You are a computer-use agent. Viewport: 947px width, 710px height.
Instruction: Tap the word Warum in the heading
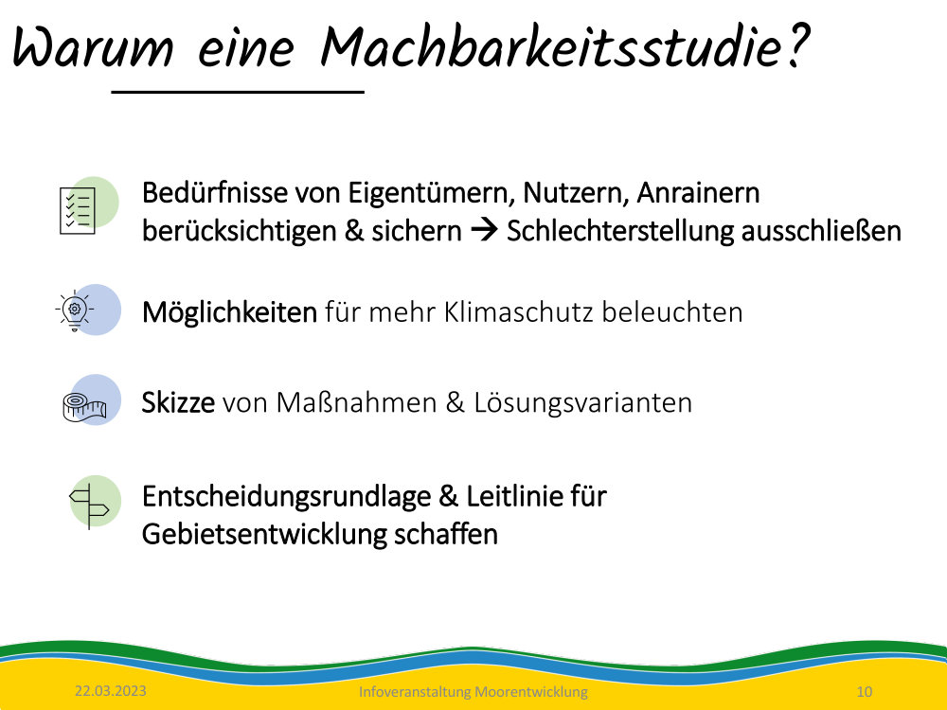click(x=93, y=47)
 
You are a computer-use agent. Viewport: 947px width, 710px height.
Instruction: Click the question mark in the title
click(x=796, y=45)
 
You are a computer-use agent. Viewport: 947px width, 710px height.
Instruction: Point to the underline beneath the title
click(x=238, y=92)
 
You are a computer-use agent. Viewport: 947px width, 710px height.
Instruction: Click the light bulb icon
click(x=74, y=311)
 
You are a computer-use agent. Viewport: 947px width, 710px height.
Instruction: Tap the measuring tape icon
click(x=84, y=407)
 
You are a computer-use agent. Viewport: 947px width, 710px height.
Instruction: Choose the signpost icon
click(x=89, y=506)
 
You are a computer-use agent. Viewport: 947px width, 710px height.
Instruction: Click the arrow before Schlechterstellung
click(x=484, y=230)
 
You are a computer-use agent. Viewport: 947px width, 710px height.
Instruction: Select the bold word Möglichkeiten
click(x=229, y=312)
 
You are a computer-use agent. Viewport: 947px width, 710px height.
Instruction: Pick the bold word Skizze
click(x=178, y=402)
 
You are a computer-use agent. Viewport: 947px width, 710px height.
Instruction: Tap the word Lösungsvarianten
click(x=582, y=402)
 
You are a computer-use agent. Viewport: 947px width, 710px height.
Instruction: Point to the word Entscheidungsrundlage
click(x=286, y=497)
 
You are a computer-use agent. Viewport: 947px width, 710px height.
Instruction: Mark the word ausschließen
click(x=821, y=231)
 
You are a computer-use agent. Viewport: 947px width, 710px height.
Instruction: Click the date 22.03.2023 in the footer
click(x=111, y=691)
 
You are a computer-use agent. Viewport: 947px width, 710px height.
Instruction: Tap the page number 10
click(x=865, y=691)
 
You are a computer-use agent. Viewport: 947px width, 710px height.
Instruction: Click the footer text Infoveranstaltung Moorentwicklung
click(x=473, y=692)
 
